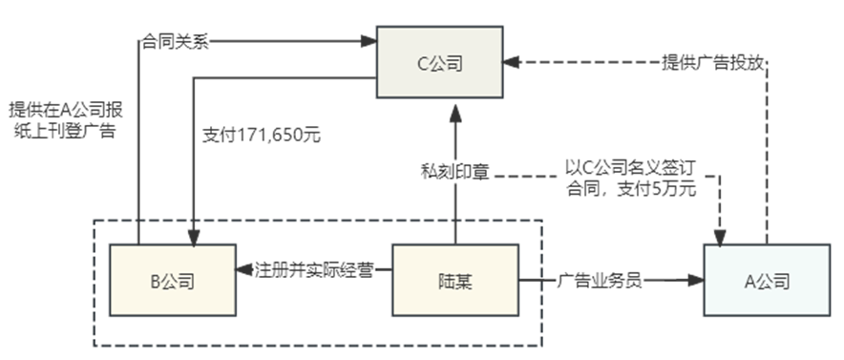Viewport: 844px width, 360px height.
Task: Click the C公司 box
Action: (440, 63)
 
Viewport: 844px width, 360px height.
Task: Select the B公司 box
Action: (173, 281)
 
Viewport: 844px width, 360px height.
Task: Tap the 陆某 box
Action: (455, 281)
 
